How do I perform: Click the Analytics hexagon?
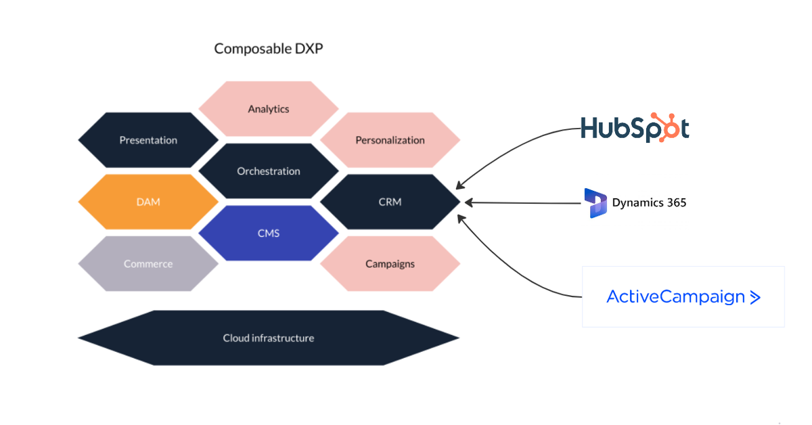coord(269,109)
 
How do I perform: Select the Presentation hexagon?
coord(148,140)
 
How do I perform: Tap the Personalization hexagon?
coord(390,140)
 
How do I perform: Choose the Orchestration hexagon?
coord(269,171)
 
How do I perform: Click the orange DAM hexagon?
coord(148,202)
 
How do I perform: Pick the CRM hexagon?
coord(390,202)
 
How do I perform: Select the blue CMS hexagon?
coord(269,233)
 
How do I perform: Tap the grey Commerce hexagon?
coord(148,264)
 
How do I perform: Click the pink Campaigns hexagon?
coord(390,264)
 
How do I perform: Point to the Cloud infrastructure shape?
coord(269,338)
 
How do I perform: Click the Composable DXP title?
coord(269,49)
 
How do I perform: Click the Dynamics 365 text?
coord(649,202)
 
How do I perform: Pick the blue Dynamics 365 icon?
coord(596,203)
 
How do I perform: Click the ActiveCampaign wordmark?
coord(675,296)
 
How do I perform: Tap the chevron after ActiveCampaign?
coord(755,297)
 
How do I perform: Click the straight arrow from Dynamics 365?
coord(521,202)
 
